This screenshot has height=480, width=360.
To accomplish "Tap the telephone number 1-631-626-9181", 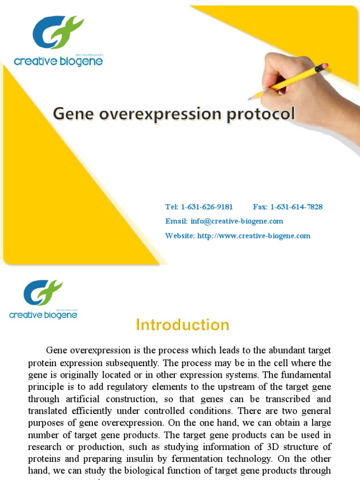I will click(207, 207).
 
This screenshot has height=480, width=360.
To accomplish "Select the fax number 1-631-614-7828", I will click(296, 207).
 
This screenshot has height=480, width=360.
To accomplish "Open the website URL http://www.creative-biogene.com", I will click(254, 236).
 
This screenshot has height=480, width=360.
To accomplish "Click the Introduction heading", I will click(182, 325).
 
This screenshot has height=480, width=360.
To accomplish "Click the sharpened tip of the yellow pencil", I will click(250, 98).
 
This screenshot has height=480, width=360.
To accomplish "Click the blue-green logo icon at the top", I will click(58, 33).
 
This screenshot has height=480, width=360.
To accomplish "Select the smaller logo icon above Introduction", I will click(43, 293).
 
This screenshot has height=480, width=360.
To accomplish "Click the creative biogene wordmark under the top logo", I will click(58, 61).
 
